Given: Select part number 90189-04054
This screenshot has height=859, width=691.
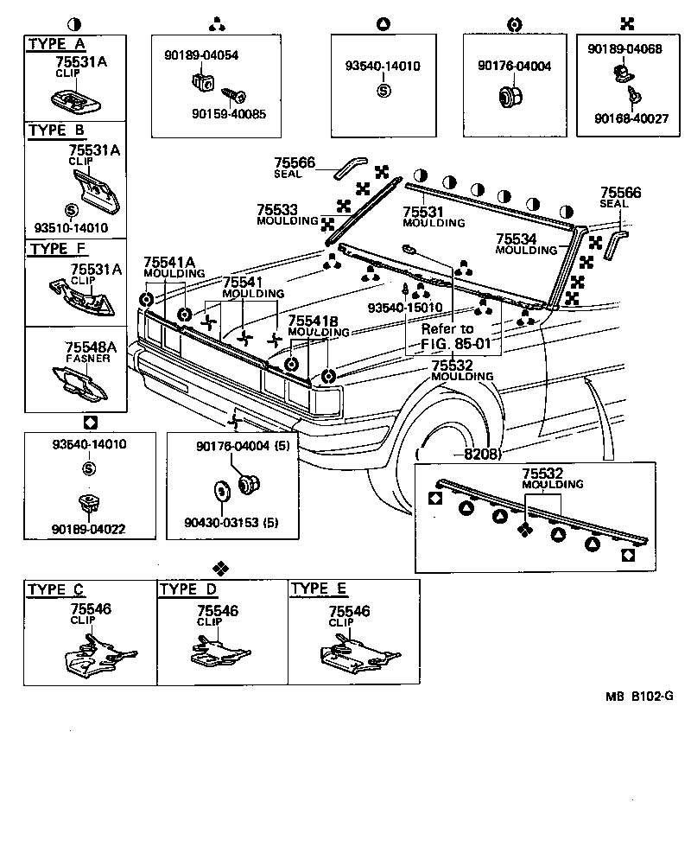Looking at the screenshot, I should click(201, 54).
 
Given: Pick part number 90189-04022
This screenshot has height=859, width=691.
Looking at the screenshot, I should click(89, 529).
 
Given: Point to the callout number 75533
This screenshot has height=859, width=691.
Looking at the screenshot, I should click(277, 209).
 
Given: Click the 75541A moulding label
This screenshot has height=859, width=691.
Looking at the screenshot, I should click(170, 266).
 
